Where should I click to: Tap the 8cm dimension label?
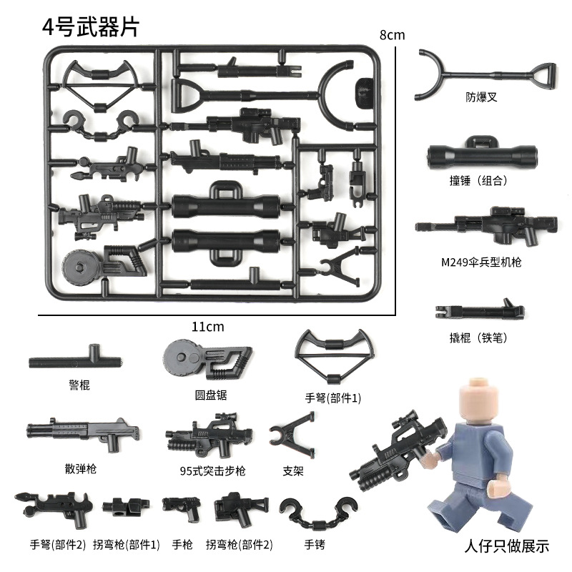[x=392, y=35]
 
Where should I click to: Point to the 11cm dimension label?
[x=208, y=326]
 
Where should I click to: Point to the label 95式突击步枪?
[x=212, y=470]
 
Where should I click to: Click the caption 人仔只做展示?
[x=506, y=547]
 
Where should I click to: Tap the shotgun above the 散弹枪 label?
[x=82, y=433]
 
